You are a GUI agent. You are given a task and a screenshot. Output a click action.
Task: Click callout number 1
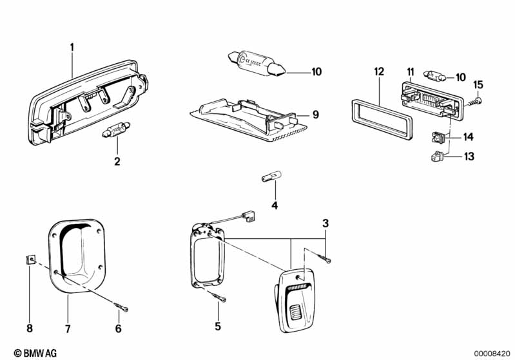click(72, 46)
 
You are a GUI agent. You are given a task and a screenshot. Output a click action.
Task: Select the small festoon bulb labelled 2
click(117, 134)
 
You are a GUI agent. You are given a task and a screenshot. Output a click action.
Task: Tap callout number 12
click(378, 70)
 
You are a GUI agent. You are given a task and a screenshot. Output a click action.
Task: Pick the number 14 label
click(468, 137)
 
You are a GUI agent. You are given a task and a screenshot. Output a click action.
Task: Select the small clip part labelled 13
click(436, 155)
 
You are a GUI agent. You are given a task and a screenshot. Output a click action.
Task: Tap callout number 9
click(316, 115)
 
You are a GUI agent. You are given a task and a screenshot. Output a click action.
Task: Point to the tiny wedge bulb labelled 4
click(266, 178)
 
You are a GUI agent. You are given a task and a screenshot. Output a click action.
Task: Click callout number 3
click(326, 223)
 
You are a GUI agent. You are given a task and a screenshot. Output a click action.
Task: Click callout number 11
click(410, 70)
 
